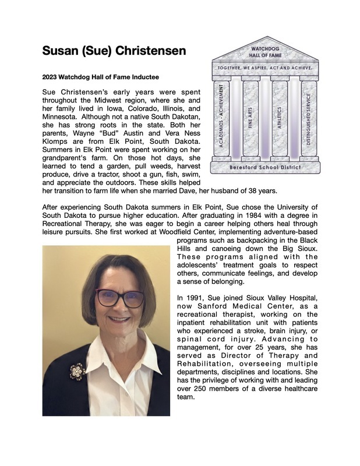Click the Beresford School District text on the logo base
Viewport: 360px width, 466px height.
(265, 167)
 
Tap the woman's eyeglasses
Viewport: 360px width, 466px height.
(119, 298)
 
